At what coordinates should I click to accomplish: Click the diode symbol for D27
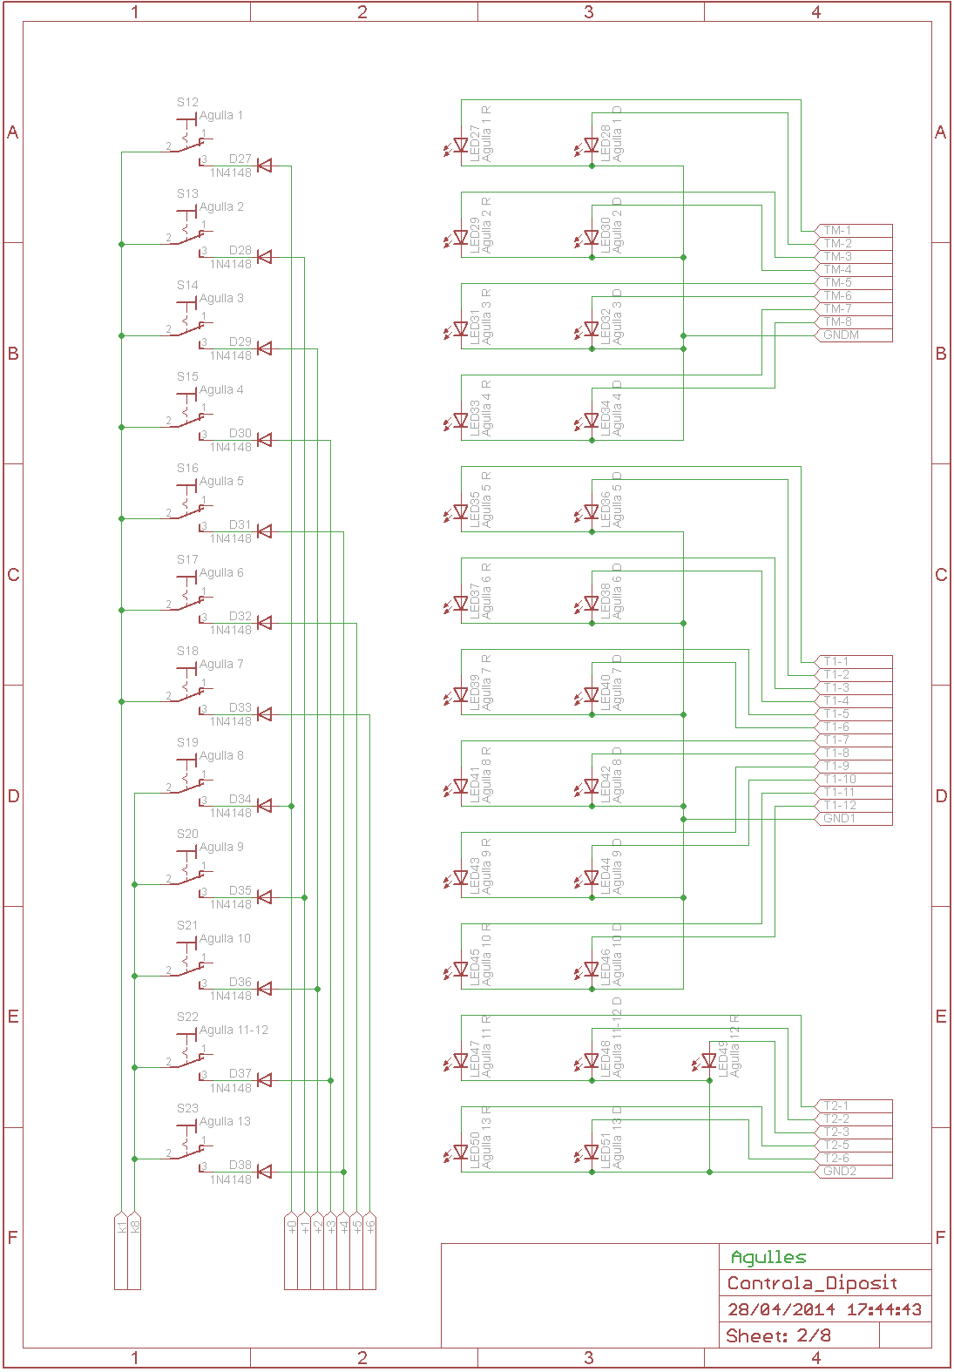[264, 166]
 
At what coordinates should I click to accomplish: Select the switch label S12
[187, 102]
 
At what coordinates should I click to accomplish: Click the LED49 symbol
[708, 1061]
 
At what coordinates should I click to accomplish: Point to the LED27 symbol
[460, 145]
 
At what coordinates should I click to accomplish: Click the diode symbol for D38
[264, 1172]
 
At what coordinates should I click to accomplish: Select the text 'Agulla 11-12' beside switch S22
[233, 1030]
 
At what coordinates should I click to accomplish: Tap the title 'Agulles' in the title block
[768, 1257]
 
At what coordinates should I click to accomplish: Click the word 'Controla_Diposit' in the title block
[812, 1283]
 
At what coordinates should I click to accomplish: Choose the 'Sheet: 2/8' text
[778, 1335]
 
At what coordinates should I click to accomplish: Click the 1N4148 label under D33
[230, 722]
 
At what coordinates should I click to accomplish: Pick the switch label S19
[187, 742]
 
